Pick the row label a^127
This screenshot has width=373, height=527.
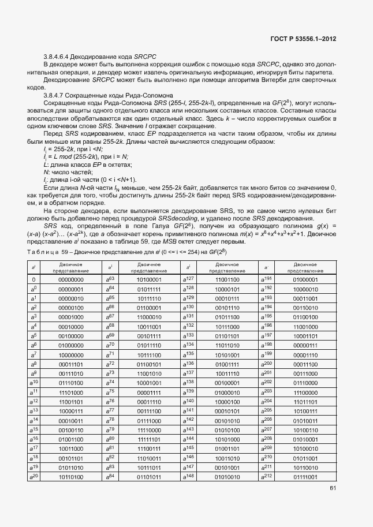click(x=188, y=279)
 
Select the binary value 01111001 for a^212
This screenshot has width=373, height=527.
click(x=305, y=476)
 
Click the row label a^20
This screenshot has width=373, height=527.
click(x=33, y=476)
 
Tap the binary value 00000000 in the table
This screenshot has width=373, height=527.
click(x=70, y=279)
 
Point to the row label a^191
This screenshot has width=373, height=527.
click(x=266, y=279)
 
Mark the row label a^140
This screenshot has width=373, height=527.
click(x=188, y=401)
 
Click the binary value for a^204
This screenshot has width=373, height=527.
click(x=305, y=401)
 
